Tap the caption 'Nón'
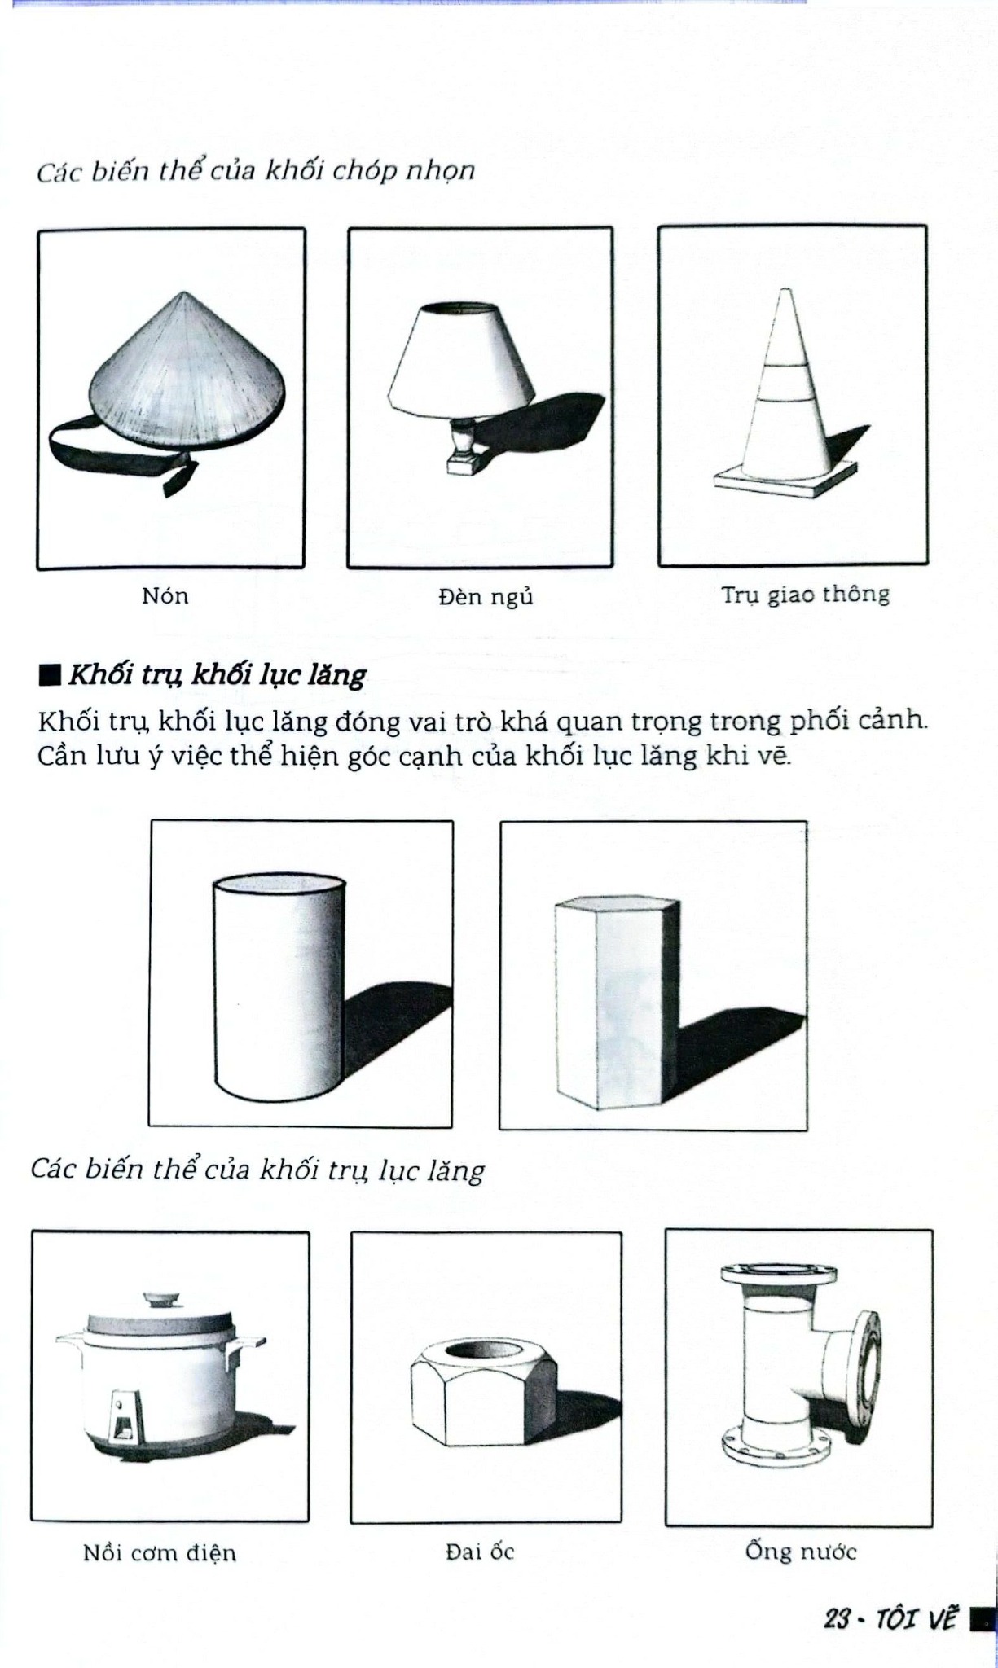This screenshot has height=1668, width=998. [x=165, y=596]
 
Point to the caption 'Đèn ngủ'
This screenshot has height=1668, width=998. [x=486, y=597]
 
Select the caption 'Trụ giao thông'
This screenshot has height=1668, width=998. [x=805, y=595]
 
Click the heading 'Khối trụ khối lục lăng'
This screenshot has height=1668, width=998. [x=217, y=675]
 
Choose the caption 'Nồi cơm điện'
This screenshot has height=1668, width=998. [x=160, y=1552]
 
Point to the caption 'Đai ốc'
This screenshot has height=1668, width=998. [x=480, y=1552]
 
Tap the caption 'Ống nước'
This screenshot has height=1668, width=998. [x=801, y=1551]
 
